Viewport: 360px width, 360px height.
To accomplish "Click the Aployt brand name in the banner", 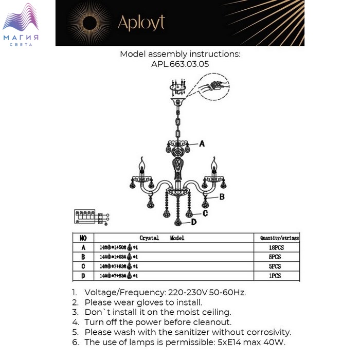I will [x=141, y=22].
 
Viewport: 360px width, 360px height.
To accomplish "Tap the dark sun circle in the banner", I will [x=92, y=23].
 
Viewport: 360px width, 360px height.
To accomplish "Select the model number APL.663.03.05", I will [x=180, y=64].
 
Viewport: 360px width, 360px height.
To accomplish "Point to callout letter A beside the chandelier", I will [x=202, y=143].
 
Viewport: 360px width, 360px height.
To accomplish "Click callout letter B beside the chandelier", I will [x=222, y=196].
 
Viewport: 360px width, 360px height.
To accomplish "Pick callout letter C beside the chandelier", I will [x=205, y=212].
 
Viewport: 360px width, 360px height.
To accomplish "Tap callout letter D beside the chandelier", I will [x=194, y=222].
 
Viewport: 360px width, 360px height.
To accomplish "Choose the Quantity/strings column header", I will [x=279, y=238].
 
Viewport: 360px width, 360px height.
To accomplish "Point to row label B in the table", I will [x=83, y=257].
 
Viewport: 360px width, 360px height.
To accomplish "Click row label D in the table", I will [x=83, y=276].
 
